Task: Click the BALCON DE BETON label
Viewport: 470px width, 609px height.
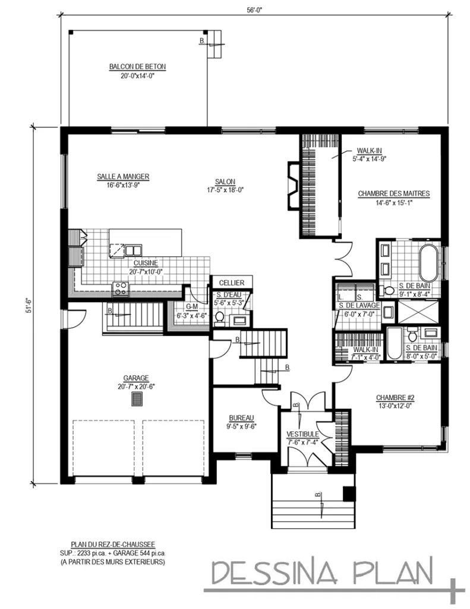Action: click(137, 67)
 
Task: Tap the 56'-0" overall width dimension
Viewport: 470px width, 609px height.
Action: click(254, 9)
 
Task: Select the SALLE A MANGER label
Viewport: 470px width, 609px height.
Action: click(123, 176)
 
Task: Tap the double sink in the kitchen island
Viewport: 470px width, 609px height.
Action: click(133, 250)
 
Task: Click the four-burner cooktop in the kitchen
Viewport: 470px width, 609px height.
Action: click(121, 289)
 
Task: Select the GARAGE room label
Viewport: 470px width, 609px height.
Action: click(136, 378)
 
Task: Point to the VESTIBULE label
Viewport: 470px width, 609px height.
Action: click(303, 434)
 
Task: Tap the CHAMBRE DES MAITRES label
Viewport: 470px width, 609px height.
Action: click(393, 193)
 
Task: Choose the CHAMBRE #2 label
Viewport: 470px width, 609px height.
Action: click(395, 398)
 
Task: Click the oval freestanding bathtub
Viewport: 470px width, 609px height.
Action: click(428, 262)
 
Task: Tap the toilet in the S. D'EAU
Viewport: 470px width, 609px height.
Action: click(220, 318)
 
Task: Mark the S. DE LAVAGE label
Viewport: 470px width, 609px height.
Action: click(357, 306)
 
